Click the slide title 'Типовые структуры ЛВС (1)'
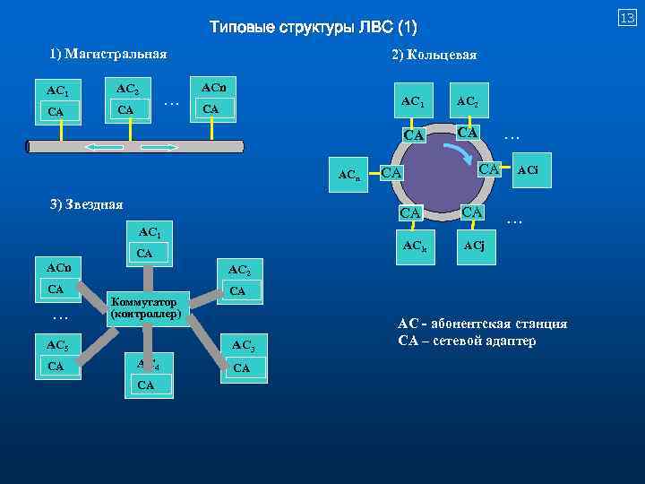tap(314, 26)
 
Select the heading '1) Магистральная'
tap(108, 55)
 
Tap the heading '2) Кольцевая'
tap(434, 55)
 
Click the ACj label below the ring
tap(475, 246)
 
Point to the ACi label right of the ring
tap(527, 170)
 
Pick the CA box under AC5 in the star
tap(56, 366)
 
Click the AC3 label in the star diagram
tap(243, 345)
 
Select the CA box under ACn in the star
tap(56, 289)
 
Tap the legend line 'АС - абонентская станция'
tap(483, 324)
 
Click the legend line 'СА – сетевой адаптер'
tap(468, 341)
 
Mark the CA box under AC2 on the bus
tap(126, 109)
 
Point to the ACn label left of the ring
tap(349, 176)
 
